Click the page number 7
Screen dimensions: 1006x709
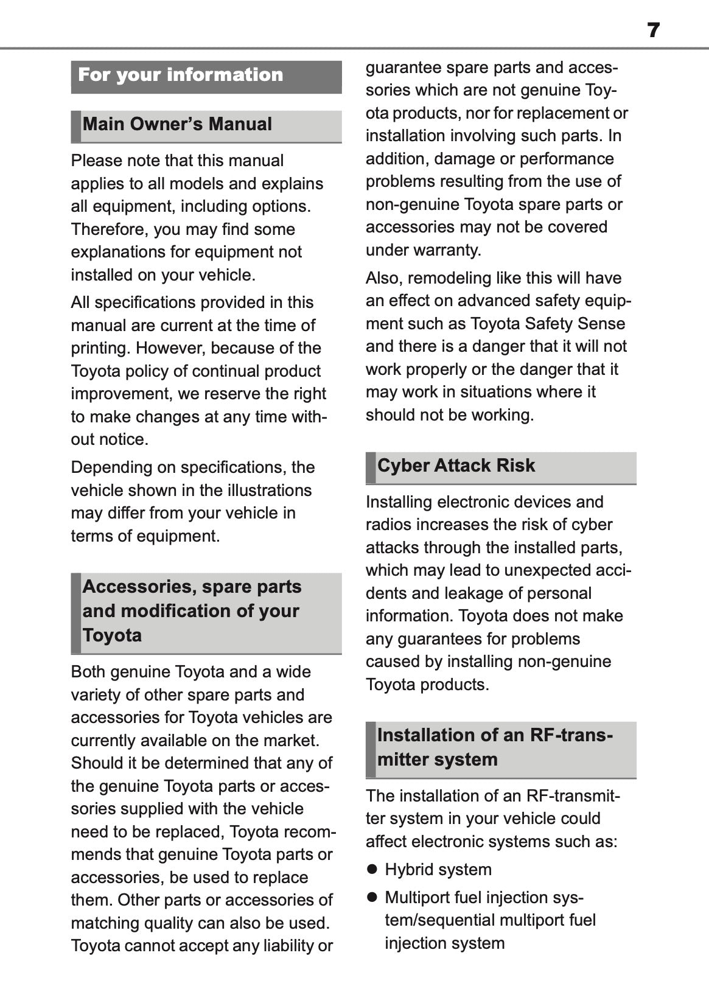(x=653, y=30)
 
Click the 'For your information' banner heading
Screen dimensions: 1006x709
(x=181, y=75)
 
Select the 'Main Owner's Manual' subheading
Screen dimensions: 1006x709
(x=177, y=125)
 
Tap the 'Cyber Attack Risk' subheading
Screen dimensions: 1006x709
(x=456, y=466)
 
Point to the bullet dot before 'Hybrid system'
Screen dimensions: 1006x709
(x=372, y=870)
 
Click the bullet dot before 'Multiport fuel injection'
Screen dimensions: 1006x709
(x=372, y=898)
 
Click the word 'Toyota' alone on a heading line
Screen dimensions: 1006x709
(x=112, y=636)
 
